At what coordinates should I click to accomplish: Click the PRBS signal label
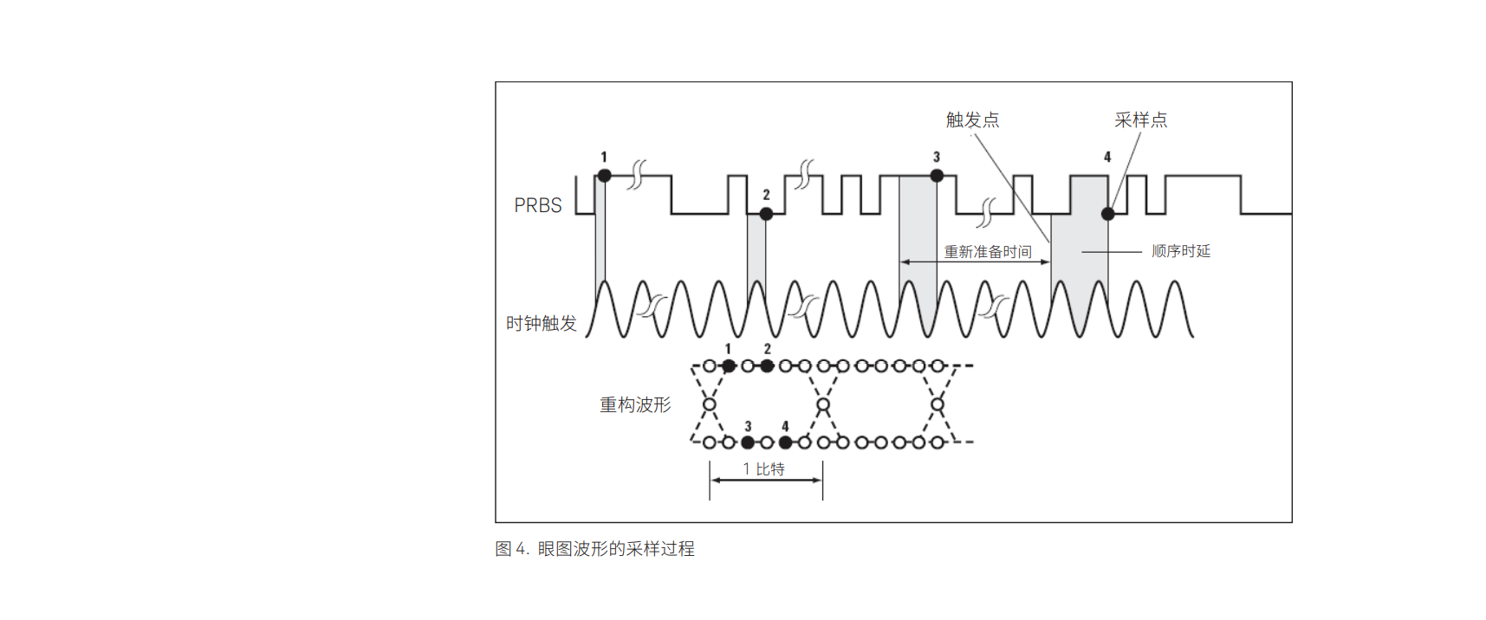[x=538, y=205]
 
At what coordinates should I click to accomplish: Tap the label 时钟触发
[x=542, y=323]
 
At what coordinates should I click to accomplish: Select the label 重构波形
[x=635, y=404]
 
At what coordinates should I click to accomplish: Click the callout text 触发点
[x=972, y=119]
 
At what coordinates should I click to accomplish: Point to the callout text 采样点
[x=1140, y=119]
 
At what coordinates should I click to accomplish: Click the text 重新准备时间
[x=988, y=251]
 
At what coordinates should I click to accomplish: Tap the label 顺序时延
[x=1180, y=251]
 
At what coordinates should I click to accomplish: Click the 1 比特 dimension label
[x=763, y=468]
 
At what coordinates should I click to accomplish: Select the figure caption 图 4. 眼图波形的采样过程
[x=594, y=548]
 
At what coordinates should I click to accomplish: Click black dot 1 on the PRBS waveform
[x=605, y=176]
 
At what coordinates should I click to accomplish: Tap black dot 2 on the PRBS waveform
[x=766, y=213]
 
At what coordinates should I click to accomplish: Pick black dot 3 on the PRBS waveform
[x=937, y=176]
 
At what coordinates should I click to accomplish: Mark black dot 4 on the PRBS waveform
[x=1107, y=213]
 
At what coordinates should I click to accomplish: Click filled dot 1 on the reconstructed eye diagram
[x=729, y=366]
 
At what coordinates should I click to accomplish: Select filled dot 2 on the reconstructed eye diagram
[x=767, y=366]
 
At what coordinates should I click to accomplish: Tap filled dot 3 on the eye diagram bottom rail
[x=748, y=442]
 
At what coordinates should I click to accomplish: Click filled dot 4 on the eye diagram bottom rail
[x=785, y=442]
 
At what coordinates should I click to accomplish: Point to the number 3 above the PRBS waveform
[x=937, y=157]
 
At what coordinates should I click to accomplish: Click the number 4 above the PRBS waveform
[x=1107, y=157]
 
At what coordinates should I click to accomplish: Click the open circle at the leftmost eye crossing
[x=710, y=404]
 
